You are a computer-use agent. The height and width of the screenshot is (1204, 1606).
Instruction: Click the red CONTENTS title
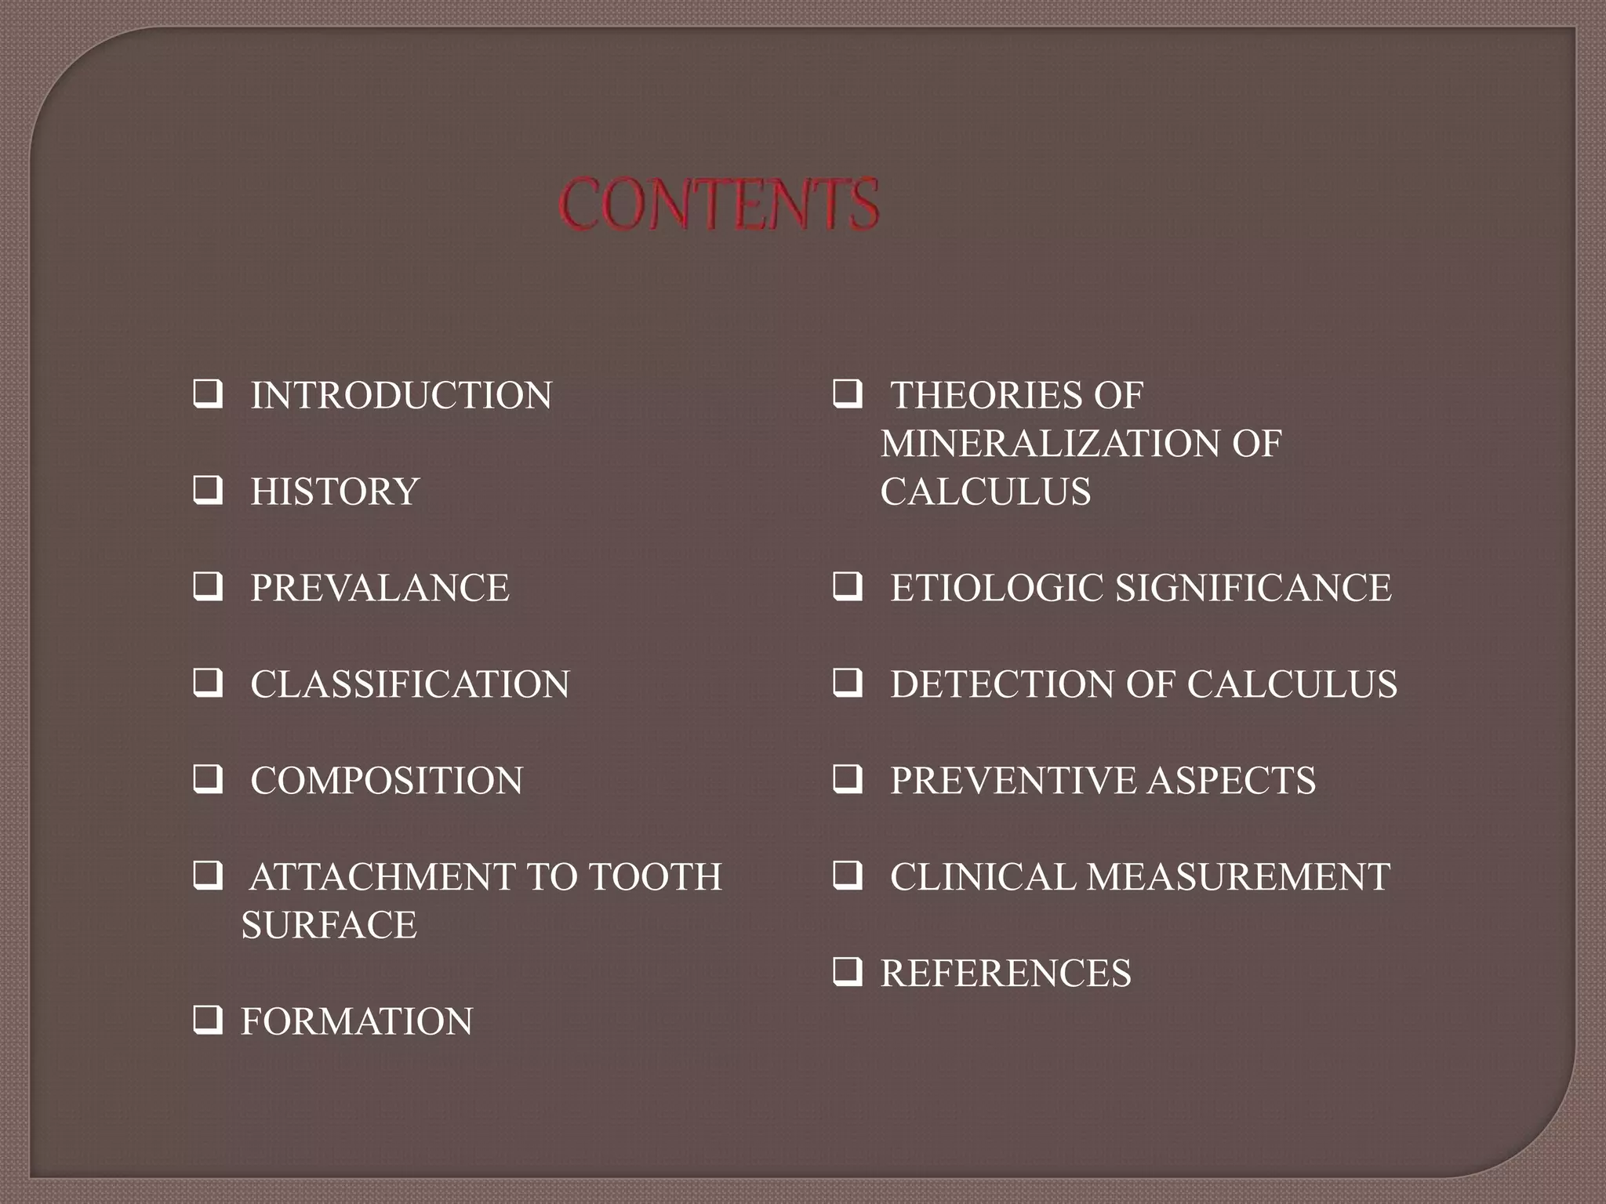tap(719, 204)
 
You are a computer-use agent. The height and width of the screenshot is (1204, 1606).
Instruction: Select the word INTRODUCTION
tap(401, 395)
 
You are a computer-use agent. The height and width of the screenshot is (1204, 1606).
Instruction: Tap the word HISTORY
tap(335, 491)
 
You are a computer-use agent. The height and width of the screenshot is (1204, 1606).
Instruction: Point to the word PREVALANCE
tap(380, 588)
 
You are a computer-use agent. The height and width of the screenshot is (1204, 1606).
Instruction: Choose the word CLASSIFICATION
tap(409, 684)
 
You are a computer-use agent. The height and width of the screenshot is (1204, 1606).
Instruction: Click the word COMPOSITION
tap(387, 781)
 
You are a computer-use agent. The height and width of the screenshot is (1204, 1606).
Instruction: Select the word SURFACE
tap(329, 925)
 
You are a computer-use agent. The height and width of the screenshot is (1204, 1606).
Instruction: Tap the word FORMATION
tap(357, 1021)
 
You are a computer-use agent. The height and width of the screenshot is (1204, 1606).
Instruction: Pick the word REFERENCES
tap(1006, 974)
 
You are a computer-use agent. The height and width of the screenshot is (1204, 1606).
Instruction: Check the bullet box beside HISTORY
tap(208, 491)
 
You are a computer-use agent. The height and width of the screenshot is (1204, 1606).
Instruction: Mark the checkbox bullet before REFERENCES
tap(848, 973)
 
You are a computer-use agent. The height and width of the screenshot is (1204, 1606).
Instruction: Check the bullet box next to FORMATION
tap(208, 1021)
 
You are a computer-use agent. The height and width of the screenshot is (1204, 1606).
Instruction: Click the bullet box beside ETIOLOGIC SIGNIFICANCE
tap(848, 587)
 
